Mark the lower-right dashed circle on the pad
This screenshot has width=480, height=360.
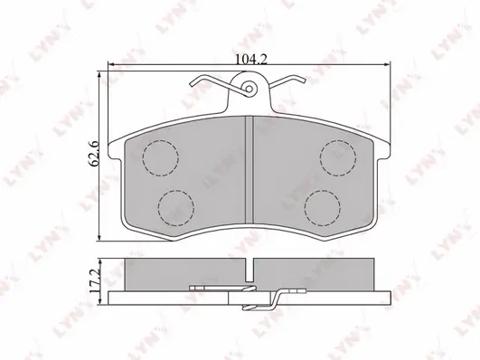(321, 208)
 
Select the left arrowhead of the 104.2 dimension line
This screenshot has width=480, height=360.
(112, 66)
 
